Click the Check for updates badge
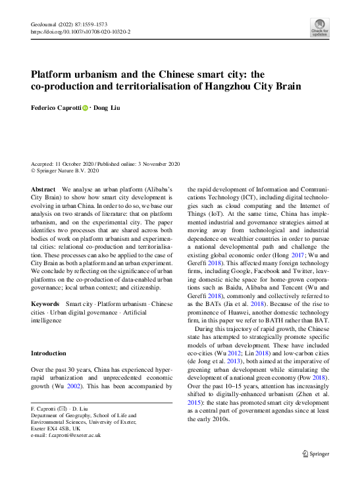[x=319, y=26]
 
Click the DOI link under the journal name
[x=81, y=31]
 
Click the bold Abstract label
[x=43, y=189]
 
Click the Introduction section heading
[x=49, y=353]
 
